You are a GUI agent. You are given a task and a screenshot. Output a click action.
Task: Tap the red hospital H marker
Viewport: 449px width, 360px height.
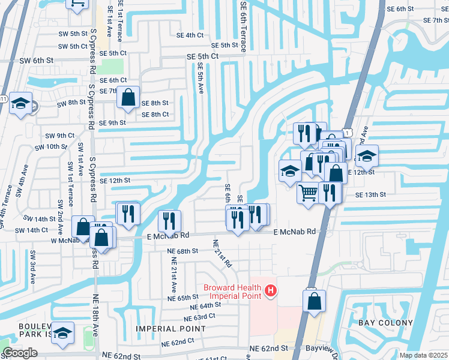pos(271,292)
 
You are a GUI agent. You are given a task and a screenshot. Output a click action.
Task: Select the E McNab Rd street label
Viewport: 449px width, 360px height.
pos(294,232)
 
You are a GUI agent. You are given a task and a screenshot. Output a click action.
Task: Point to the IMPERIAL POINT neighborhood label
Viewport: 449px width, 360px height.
pos(171,329)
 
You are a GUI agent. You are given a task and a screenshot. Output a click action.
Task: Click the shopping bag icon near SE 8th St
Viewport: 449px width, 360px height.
pos(128,97)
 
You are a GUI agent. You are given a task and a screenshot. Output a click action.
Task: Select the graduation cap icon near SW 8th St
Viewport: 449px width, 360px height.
pos(20,104)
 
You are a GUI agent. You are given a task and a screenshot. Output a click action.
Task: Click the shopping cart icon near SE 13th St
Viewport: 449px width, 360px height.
pos(308,193)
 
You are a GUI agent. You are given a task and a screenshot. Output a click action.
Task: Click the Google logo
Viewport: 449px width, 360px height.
pos(20,353)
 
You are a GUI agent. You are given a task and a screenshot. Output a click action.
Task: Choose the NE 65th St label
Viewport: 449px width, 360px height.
pos(183,298)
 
